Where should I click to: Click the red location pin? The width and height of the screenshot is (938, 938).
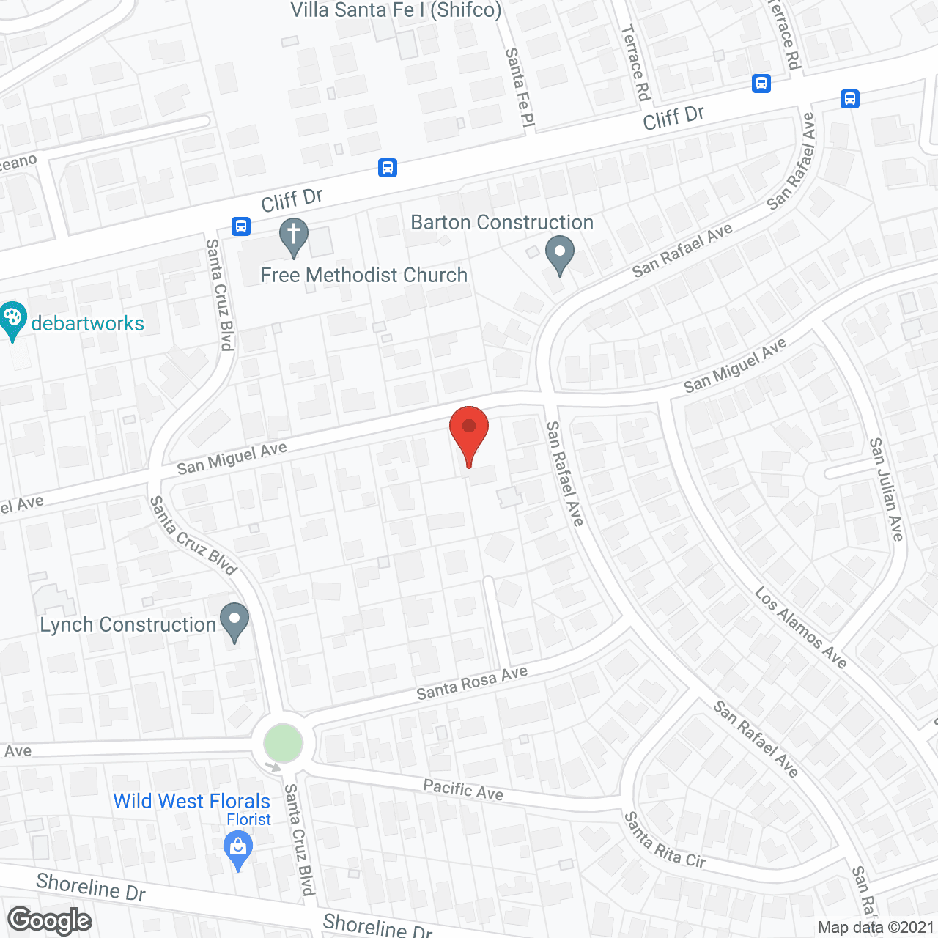[468, 432]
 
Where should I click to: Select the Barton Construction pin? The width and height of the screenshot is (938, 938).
[560, 254]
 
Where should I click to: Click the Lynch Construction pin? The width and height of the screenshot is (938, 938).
[234, 621]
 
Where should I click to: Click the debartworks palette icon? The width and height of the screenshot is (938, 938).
[12, 320]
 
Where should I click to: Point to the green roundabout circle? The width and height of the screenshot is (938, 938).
[283, 742]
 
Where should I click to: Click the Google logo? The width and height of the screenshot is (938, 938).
[50, 920]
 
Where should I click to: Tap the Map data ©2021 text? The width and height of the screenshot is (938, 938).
[876, 927]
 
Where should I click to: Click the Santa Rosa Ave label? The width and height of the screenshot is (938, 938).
[472, 683]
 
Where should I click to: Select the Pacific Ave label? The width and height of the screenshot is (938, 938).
[463, 790]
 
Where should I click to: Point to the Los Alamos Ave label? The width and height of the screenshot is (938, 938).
[800, 628]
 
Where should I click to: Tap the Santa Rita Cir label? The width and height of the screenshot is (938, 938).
[665, 841]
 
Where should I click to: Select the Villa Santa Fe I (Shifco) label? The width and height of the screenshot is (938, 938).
[396, 10]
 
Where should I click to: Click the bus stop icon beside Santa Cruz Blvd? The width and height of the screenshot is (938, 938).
[241, 226]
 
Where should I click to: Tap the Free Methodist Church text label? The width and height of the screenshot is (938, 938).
[363, 275]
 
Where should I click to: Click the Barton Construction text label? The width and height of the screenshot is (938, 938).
[502, 222]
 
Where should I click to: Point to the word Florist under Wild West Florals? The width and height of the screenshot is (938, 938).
[248, 819]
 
